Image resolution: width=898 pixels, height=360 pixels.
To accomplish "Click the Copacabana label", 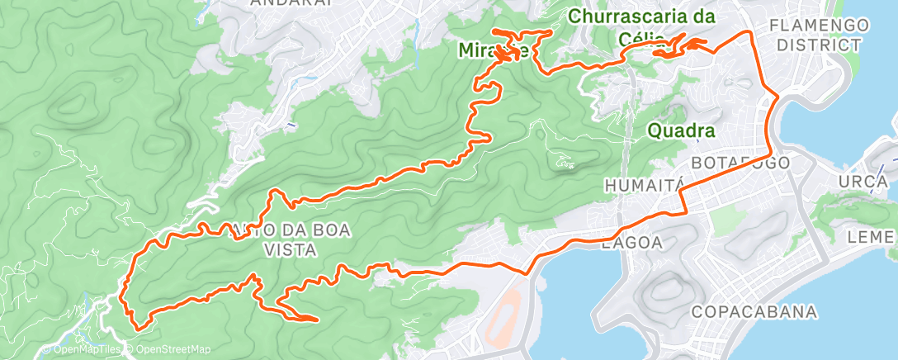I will pos(754,312).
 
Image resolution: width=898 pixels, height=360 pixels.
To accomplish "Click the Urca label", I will pos(862,181).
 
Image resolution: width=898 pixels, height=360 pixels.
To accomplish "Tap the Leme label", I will pos(872,238).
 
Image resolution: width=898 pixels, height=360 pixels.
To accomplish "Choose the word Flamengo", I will pos(819,26).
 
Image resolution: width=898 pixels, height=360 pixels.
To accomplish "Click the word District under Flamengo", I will pos(819,45).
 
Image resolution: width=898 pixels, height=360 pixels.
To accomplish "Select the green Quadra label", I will pos(681,131).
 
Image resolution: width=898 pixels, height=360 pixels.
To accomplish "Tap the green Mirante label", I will pos(494,51).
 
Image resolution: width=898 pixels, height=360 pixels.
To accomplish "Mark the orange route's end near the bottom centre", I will pos(316,319).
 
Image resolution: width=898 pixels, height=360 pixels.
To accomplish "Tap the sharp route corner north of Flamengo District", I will pos(748,32).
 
